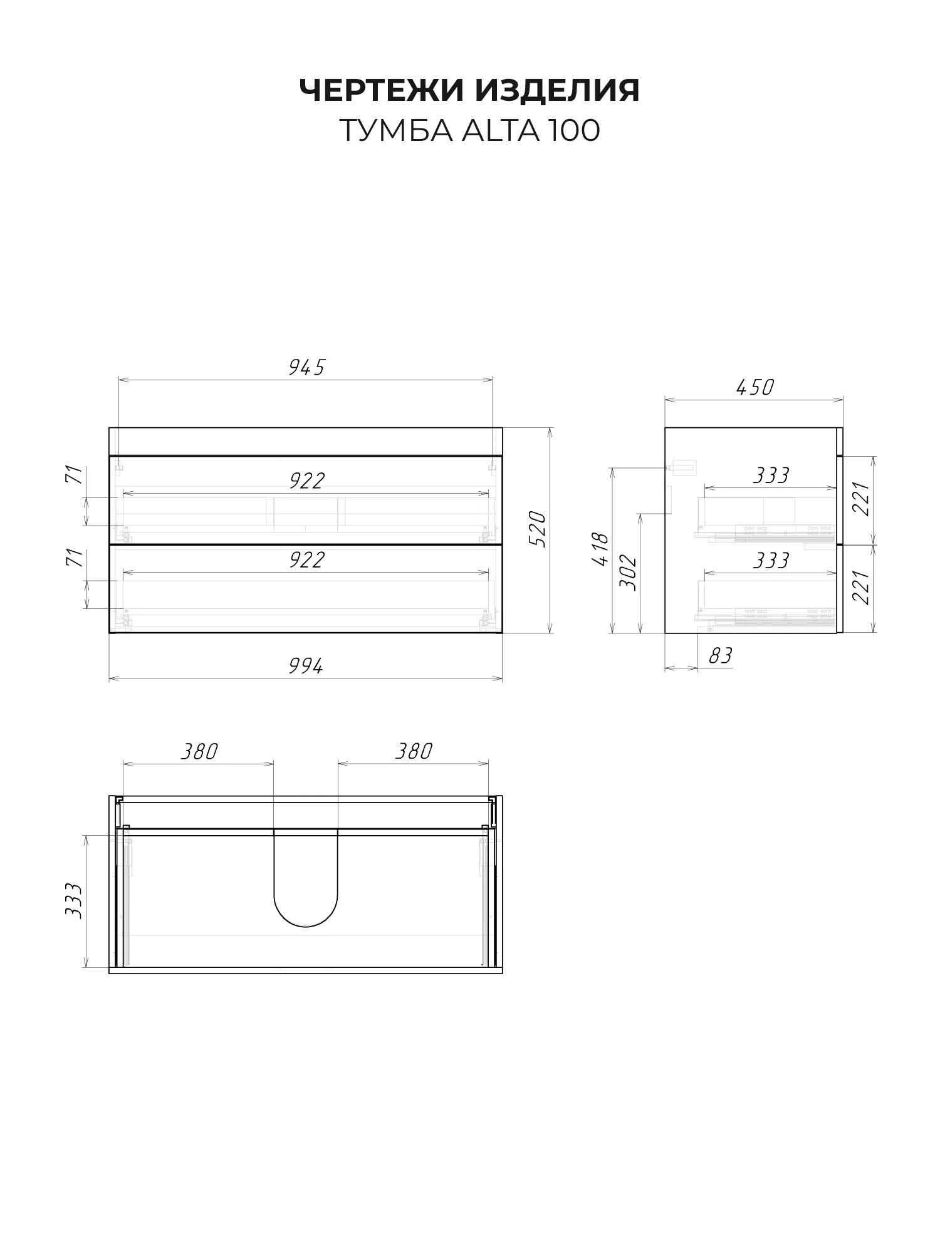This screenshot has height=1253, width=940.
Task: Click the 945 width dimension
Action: (x=306, y=368)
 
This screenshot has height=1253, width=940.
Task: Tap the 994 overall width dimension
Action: (x=306, y=666)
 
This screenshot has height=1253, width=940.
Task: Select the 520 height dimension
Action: (x=538, y=529)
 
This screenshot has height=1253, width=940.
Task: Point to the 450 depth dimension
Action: (x=755, y=387)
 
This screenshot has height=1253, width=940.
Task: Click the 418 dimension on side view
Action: (x=600, y=549)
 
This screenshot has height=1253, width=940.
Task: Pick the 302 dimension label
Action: (x=628, y=572)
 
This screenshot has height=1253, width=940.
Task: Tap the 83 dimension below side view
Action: (x=720, y=656)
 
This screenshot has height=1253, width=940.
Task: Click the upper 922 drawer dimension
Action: (x=306, y=481)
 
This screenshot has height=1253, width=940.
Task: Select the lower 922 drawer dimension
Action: (x=306, y=560)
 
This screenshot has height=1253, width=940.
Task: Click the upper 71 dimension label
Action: (x=74, y=474)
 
